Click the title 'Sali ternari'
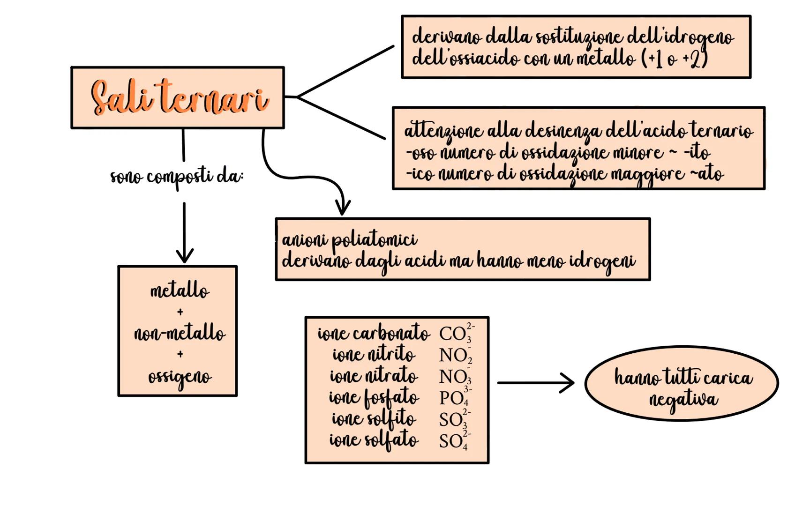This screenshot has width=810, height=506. click(179, 98)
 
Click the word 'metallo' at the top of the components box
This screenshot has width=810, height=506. click(180, 291)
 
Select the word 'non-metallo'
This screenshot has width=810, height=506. click(180, 334)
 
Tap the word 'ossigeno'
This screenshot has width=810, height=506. click(180, 377)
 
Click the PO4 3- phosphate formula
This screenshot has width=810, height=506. click(455, 397)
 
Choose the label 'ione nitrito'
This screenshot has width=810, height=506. click(374, 354)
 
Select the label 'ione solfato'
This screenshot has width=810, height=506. click(374, 440)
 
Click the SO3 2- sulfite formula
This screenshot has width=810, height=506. click(455, 419)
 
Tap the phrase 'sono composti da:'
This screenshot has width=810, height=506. click(177, 178)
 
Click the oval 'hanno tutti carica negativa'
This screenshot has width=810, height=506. click(682, 384)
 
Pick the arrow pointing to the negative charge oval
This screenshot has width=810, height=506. click(536, 383)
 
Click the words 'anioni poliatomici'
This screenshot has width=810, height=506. click(349, 240)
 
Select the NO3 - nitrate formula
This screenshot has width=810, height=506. click(455, 376)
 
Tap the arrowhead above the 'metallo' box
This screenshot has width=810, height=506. click(185, 255)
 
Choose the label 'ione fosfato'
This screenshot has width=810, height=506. click(374, 398)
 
